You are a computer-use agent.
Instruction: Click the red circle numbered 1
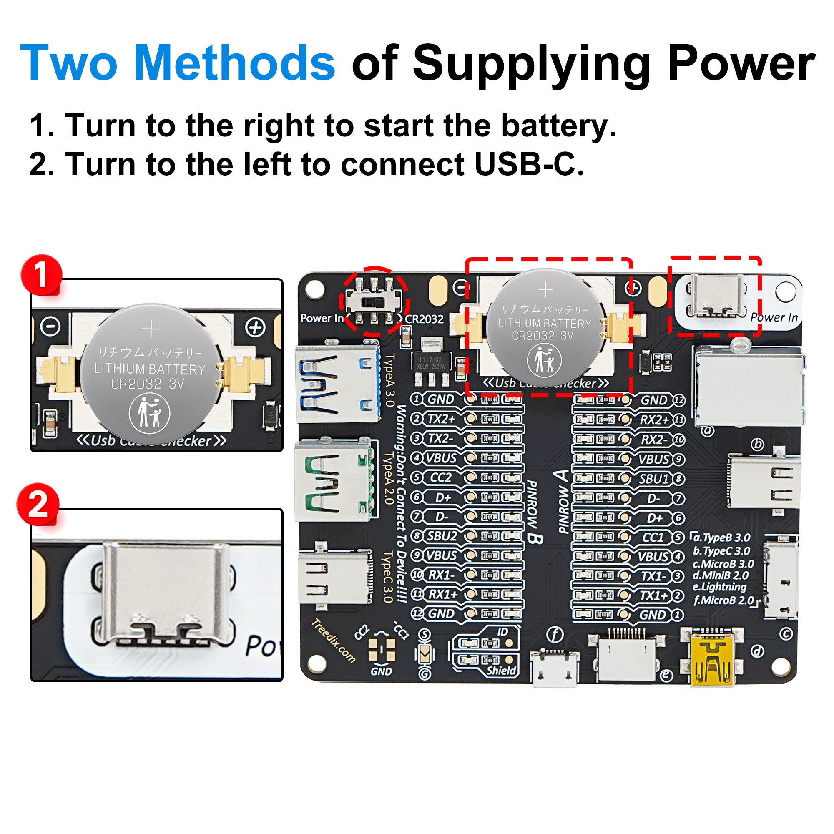(41, 275)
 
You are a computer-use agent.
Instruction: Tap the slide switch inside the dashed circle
(374, 302)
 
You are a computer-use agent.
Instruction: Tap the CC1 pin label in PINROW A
(653, 538)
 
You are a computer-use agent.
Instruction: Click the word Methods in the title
(234, 63)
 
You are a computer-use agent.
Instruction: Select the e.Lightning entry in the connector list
(719, 587)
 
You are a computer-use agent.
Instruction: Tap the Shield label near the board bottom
(501, 671)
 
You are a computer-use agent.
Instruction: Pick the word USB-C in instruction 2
(529, 164)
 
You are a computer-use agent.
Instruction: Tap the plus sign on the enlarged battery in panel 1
(151, 330)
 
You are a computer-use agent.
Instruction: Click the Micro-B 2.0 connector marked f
(554, 667)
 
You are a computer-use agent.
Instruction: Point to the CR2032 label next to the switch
(424, 319)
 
